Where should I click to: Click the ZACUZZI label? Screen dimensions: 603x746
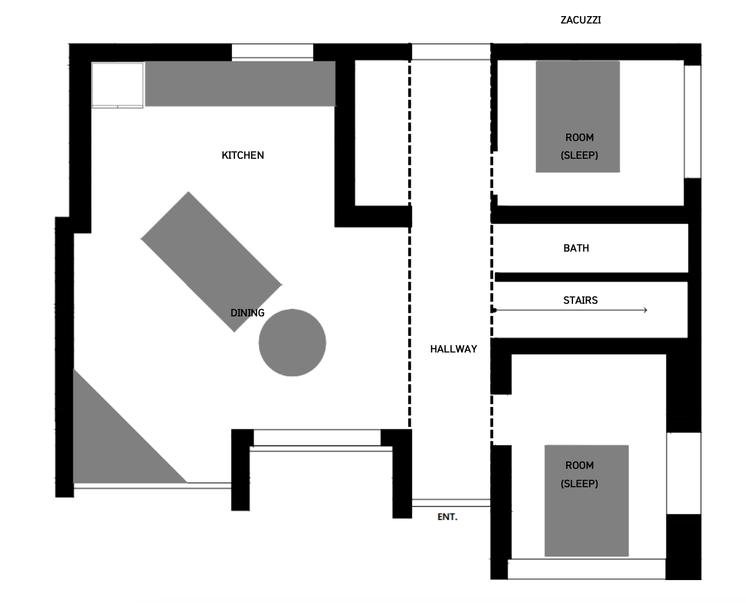coord(580,20)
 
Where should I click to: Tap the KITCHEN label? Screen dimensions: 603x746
coord(242,155)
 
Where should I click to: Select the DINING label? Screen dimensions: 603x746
coord(247,313)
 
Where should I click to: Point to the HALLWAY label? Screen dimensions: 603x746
coord(453,349)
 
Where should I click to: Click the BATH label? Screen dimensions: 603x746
coord(576,248)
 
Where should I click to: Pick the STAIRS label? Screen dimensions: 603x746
coord(580,300)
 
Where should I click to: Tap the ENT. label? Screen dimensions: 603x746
coord(447,517)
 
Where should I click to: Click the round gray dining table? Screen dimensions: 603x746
coord(292,343)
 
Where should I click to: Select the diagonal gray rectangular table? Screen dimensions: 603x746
coord(211,261)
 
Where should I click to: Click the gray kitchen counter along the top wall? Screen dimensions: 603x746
coord(239,84)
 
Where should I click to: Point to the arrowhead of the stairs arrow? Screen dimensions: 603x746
coord(645,310)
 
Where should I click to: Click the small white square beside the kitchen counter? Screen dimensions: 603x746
coord(117,85)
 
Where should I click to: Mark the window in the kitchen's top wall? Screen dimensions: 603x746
coord(272,51)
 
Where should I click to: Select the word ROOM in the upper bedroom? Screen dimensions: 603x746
coord(579,138)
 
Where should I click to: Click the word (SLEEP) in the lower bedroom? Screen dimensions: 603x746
coord(579,484)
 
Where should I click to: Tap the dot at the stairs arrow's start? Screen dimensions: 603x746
coord(494,310)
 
